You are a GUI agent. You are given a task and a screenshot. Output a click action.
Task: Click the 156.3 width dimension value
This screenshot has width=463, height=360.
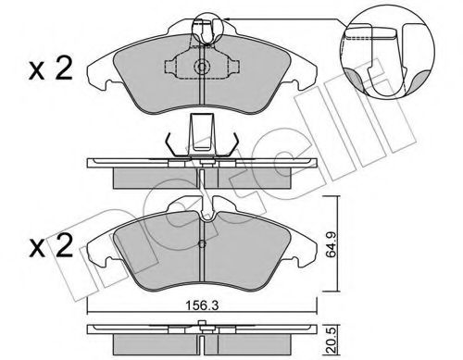click(202, 305)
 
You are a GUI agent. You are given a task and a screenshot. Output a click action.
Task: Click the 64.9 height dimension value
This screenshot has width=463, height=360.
click(332, 245)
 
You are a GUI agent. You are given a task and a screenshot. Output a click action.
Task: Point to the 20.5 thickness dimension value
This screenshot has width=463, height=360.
click(332, 340)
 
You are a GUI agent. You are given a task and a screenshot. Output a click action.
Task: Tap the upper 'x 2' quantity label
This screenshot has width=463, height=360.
click(51, 70)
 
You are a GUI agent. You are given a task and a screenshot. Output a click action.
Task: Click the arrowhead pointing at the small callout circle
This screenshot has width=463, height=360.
click(226, 19)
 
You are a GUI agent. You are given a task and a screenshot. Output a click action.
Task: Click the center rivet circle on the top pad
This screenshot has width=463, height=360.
click(202, 67)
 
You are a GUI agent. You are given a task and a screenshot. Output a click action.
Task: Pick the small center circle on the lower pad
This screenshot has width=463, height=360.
click(202, 244)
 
